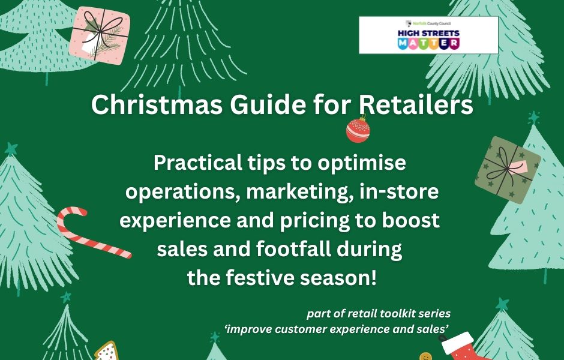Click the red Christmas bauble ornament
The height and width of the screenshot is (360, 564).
pos(358,130)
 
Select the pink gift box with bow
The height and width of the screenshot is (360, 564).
pos(99,35)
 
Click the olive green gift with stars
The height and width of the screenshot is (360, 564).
pos(508,170)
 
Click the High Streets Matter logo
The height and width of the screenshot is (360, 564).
pos(428,35)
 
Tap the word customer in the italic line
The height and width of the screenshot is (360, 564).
pos(299,329)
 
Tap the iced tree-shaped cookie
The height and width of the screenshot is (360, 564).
pos(106,352)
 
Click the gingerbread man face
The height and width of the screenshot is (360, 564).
pos(425,356)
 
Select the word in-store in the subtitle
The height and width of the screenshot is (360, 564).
pos(399,191)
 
